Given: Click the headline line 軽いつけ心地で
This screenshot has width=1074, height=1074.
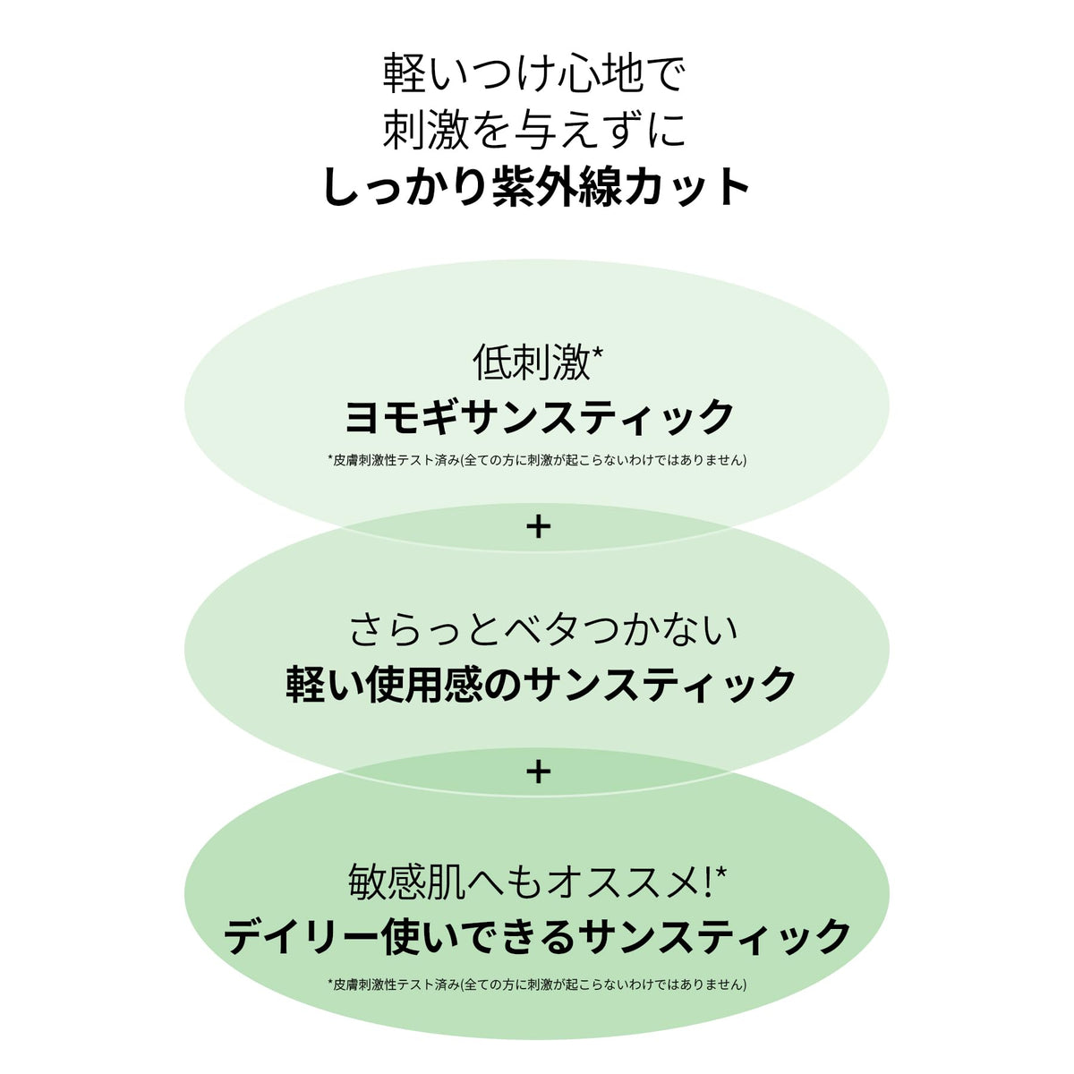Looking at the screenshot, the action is point(533,73).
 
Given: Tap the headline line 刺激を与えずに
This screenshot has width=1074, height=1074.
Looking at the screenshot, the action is point(534,130).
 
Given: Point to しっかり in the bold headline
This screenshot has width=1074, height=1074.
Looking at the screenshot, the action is point(407,188).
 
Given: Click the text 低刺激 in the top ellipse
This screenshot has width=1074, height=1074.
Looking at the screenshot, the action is point(531,362).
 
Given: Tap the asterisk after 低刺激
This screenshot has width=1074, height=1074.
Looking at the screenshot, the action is point(596,353).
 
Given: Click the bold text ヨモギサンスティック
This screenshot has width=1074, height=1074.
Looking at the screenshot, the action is point(539,416).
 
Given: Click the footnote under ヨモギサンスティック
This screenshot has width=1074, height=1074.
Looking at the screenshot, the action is point(537,460).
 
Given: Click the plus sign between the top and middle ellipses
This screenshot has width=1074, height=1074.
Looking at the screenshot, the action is point(538,526).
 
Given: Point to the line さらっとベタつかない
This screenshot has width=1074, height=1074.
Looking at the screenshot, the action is point(544,630).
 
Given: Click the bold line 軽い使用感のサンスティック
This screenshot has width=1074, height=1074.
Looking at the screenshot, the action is point(540,684).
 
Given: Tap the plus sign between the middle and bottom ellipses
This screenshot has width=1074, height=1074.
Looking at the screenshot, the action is point(538,771).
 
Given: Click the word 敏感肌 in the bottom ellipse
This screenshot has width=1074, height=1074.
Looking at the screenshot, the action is point(407,882).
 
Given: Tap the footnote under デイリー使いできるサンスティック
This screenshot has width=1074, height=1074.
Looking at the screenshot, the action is point(537,984).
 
